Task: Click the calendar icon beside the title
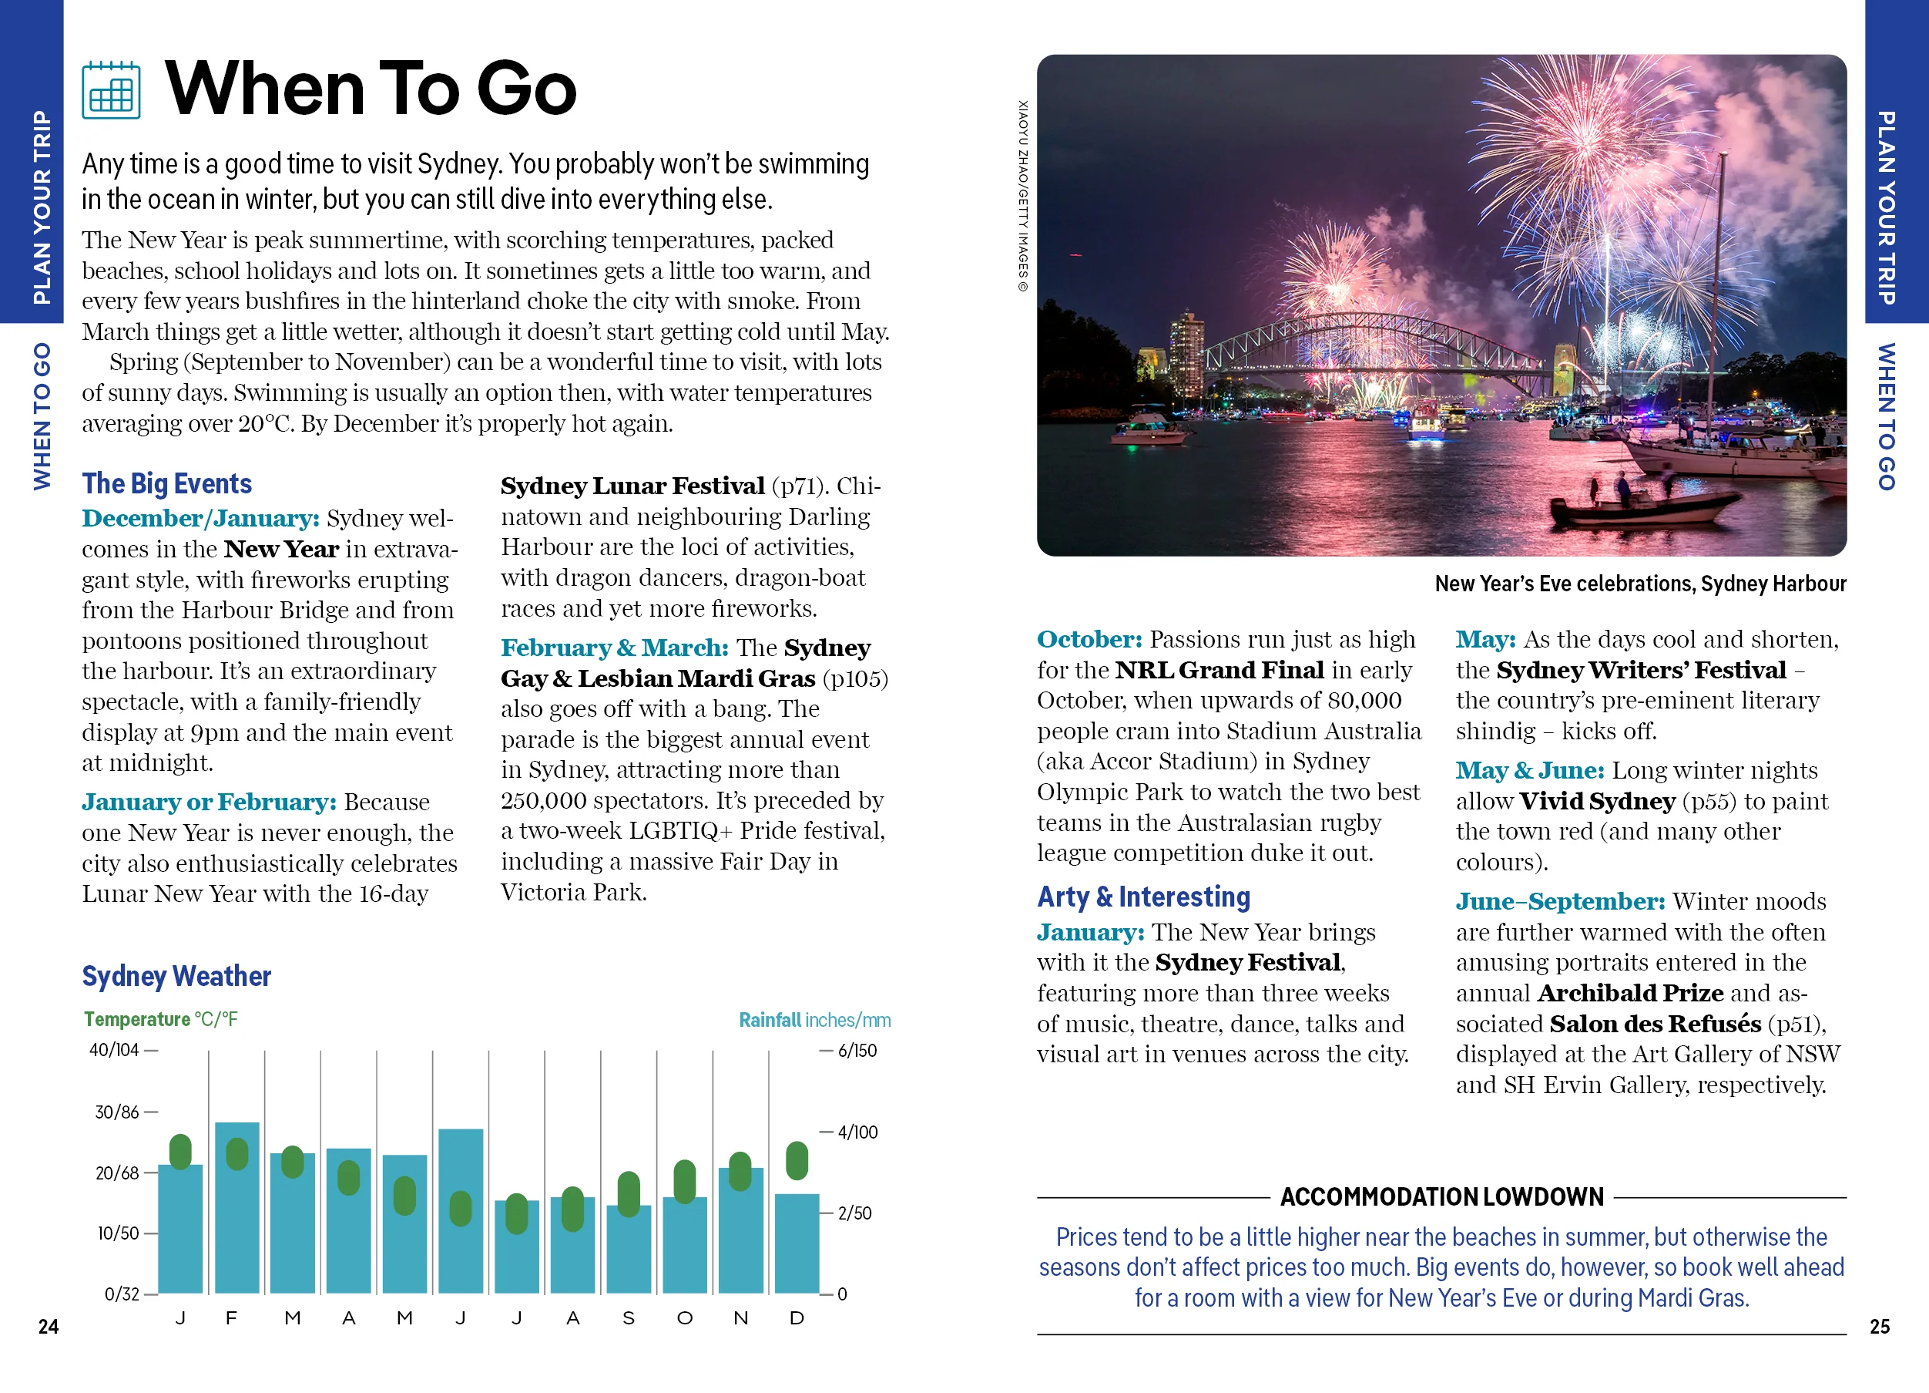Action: (x=112, y=90)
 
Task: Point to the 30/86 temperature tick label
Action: (x=116, y=1112)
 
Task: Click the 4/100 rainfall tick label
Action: (x=857, y=1132)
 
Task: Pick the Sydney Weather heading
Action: (x=176, y=975)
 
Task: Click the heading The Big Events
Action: (x=166, y=483)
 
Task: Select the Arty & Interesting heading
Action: (x=1143, y=896)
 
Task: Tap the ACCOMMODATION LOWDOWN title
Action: (x=1441, y=1196)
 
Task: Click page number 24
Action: (x=49, y=1326)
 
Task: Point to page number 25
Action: (x=1879, y=1326)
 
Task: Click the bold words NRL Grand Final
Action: (x=1219, y=670)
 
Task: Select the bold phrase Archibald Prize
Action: (x=1629, y=992)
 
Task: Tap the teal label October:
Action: (x=1089, y=639)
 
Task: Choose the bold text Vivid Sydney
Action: (x=1596, y=801)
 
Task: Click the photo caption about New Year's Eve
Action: (x=1640, y=584)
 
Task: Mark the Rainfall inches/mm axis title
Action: (x=814, y=1019)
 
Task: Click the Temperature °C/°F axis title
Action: (x=161, y=1019)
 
